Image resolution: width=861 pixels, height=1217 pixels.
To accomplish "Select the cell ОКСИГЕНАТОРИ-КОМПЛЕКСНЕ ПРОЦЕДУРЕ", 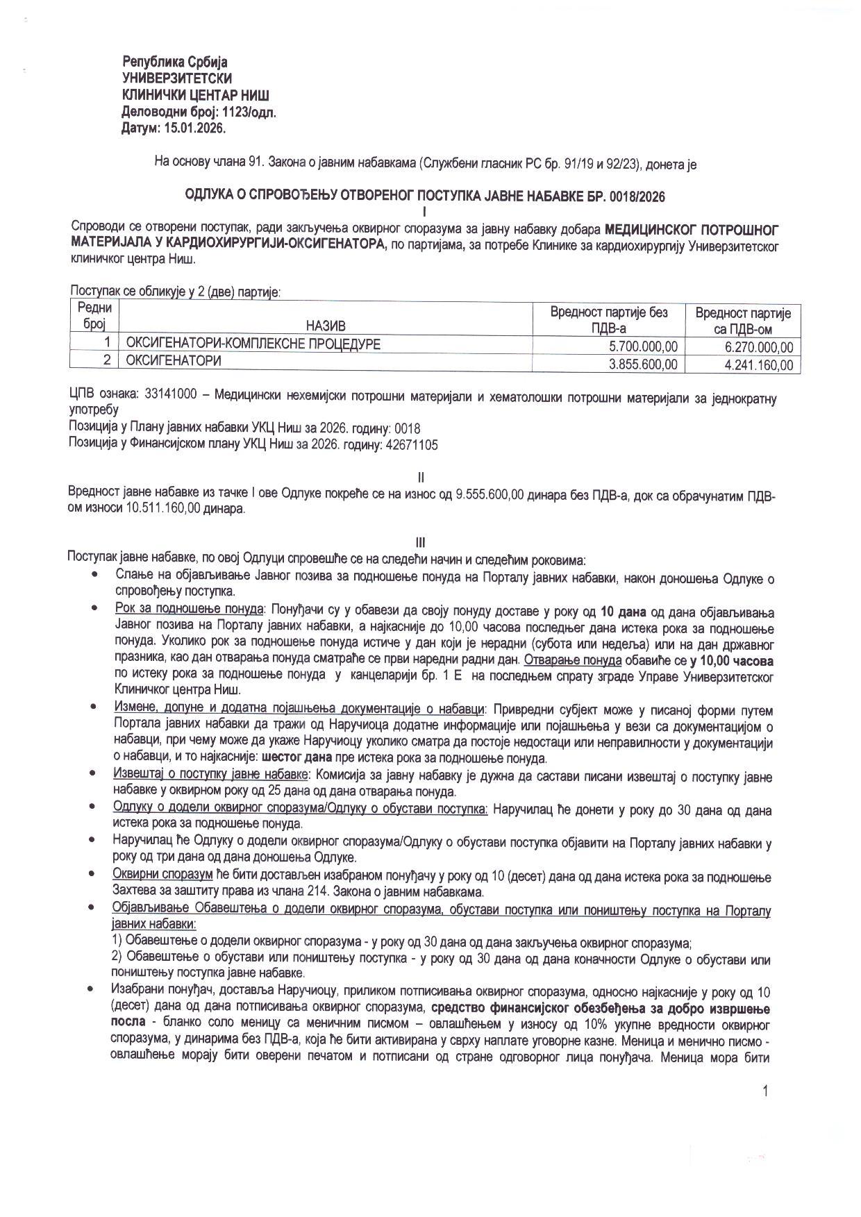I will tap(253, 344).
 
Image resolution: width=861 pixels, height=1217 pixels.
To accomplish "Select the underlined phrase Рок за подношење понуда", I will tap(189, 609).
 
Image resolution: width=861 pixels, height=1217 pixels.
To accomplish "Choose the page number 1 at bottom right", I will tap(765, 1092).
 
